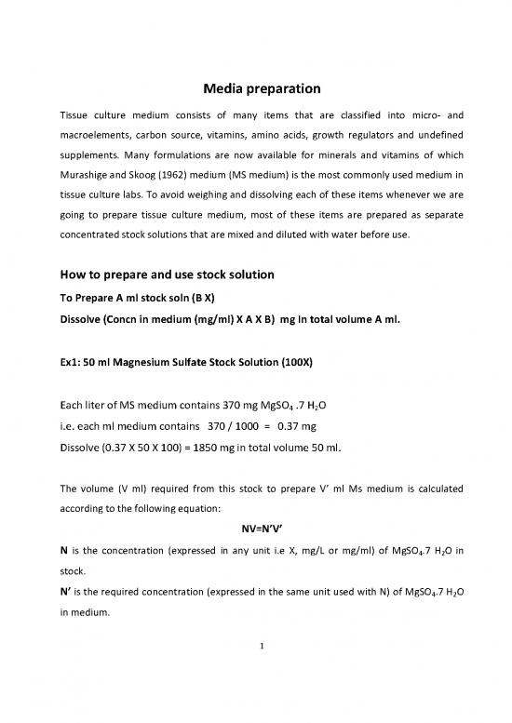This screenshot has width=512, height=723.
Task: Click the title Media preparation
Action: (256, 90)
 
